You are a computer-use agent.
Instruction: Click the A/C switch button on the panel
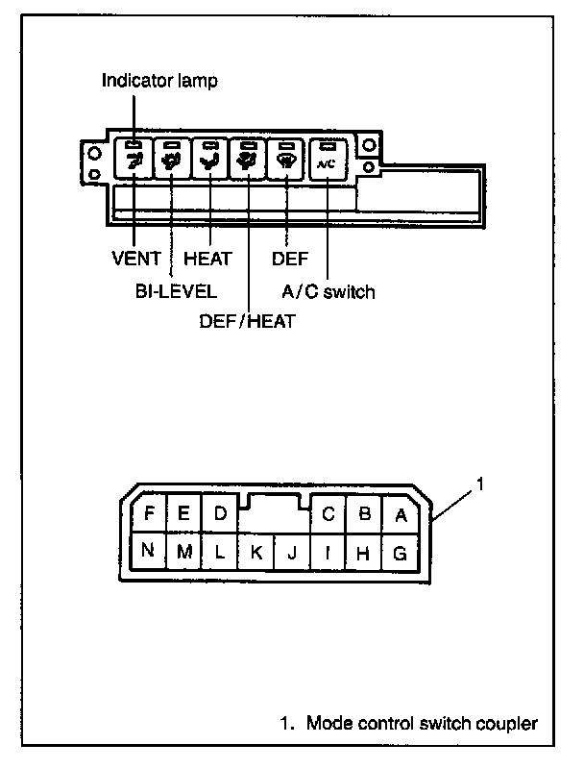(x=328, y=157)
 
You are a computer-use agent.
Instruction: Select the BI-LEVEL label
(x=176, y=289)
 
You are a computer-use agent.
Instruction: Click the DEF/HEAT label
(x=246, y=320)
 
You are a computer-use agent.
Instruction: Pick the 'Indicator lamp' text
(x=159, y=81)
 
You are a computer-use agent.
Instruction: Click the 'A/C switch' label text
(x=328, y=289)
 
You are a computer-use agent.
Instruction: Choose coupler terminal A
(x=401, y=514)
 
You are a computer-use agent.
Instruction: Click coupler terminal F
(x=149, y=513)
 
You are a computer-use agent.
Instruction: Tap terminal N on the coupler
(x=148, y=552)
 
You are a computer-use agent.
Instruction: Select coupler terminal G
(x=400, y=553)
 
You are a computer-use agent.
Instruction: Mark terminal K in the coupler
(x=255, y=553)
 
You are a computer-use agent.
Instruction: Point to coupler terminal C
(x=328, y=514)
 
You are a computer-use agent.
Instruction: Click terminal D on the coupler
(x=220, y=513)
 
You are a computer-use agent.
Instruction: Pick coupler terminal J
(x=291, y=553)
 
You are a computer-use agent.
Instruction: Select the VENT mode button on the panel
(x=134, y=158)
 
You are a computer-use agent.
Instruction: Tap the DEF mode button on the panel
(x=286, y=158)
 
